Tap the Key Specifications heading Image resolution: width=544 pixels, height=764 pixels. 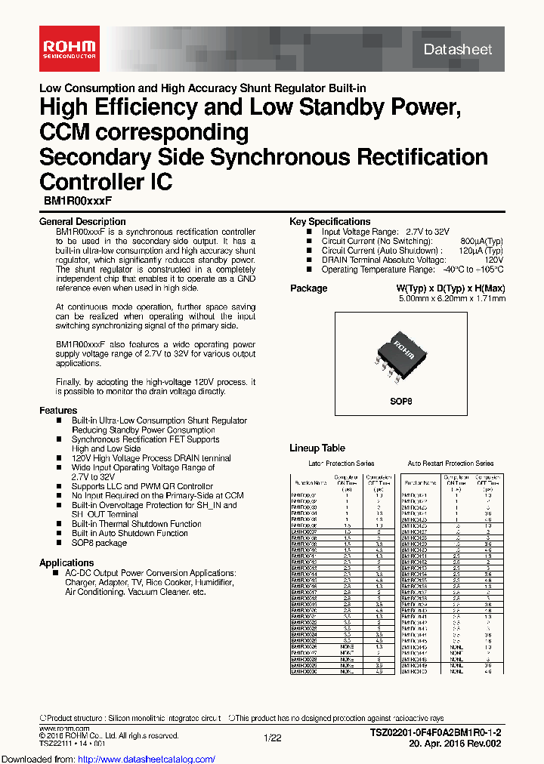tap(329, 222)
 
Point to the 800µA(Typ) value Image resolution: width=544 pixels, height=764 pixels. tap(481, 242)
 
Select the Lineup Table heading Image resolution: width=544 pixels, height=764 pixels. tap(317, 448)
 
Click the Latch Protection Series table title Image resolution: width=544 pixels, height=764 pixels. tap(341, 464)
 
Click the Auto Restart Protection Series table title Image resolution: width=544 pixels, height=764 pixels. tap(450, 464)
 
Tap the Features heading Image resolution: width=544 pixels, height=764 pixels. tap(58, 411)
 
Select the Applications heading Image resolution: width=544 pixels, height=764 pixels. tap(66, 562)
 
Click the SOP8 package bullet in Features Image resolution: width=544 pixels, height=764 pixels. tap(99, 543)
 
